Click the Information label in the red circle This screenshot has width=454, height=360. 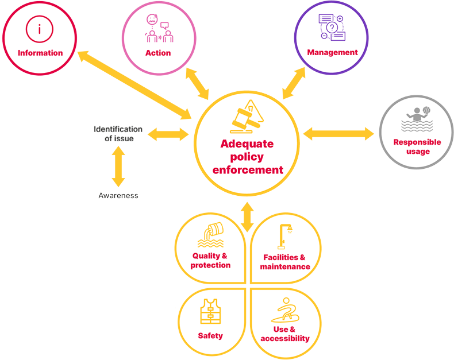click(x=40, y=53)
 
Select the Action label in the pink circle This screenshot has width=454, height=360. click(x=158, y=53)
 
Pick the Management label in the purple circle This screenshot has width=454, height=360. click(x=332, y=52)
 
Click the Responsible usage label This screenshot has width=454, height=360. click(x=417, y=146)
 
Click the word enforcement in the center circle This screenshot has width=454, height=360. click(x=248, y=170)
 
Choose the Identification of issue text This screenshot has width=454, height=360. click(x=118, y=133)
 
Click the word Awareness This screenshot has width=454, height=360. click(x=118, y=195)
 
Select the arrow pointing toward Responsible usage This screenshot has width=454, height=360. click(x=338, y=134)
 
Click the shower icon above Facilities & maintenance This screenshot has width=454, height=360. click(x=285, y=235)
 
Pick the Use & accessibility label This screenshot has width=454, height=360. click(x=284, y=334)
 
